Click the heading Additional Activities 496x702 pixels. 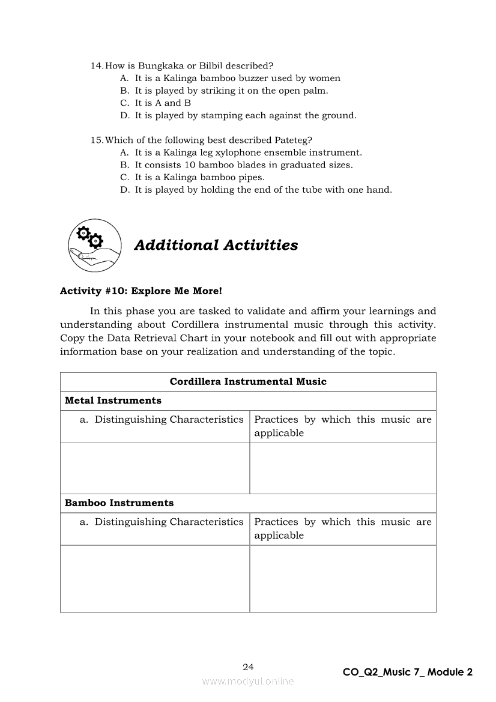(x=216, y=245)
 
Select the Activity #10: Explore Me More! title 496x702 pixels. (x=141, y=291)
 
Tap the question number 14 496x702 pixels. (x=97, y=65)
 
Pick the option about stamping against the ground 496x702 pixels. (x=245, y=115)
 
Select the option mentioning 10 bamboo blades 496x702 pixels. (x=243, y=165)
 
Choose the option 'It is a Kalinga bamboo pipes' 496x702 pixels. (x=199, y=177)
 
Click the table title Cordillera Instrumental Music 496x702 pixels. (x=248, y=382)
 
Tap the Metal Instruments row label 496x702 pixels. (x=113, y=401)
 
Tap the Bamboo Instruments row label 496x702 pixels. (x=119, y=503)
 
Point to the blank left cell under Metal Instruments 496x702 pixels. (x=155, y=468)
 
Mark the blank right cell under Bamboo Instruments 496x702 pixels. (x=342, y=578)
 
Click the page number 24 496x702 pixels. (x=248, y=667)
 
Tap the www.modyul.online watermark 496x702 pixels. (x=248, y=682)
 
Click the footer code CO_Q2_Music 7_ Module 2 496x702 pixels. (x=407, y=672)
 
